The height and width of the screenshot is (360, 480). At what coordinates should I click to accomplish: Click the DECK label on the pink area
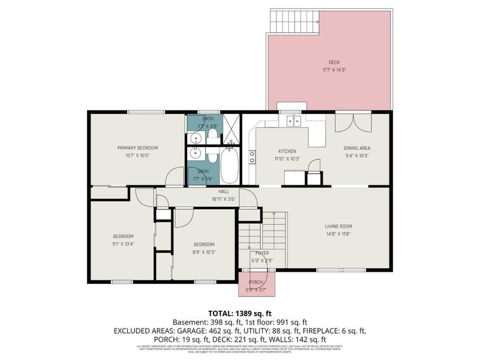pos(334,62)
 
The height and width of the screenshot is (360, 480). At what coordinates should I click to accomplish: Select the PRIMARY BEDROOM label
pos(137,148)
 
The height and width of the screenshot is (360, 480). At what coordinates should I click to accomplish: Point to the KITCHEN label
pos(287,151)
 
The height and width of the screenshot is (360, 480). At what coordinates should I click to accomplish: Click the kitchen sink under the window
pos(293,121)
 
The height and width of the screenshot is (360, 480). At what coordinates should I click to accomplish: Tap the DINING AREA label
pos(356,148)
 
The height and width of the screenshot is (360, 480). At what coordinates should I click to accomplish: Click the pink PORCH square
pos(256,283)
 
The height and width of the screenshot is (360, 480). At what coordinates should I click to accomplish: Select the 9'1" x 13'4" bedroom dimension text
pos(123,244)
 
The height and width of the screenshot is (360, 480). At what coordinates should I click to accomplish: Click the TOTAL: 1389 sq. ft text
pos(239,313)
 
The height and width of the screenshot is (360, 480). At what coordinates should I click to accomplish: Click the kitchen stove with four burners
pos(253,157)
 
